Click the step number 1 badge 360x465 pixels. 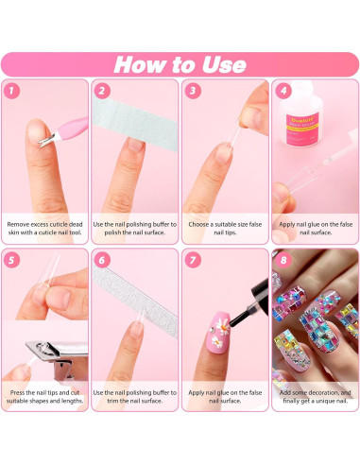pos(12,91)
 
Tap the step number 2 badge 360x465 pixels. pos(102,91)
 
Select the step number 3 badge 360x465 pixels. pos(192,91)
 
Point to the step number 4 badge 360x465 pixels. pos(282,91)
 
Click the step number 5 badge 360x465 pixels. pos(12,259)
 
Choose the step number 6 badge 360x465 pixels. pos(102,259)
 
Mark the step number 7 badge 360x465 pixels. pos(192,259)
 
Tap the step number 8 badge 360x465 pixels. pos(282,259)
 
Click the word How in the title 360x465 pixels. pos(143,64)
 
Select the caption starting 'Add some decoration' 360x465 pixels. pos(314,398)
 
